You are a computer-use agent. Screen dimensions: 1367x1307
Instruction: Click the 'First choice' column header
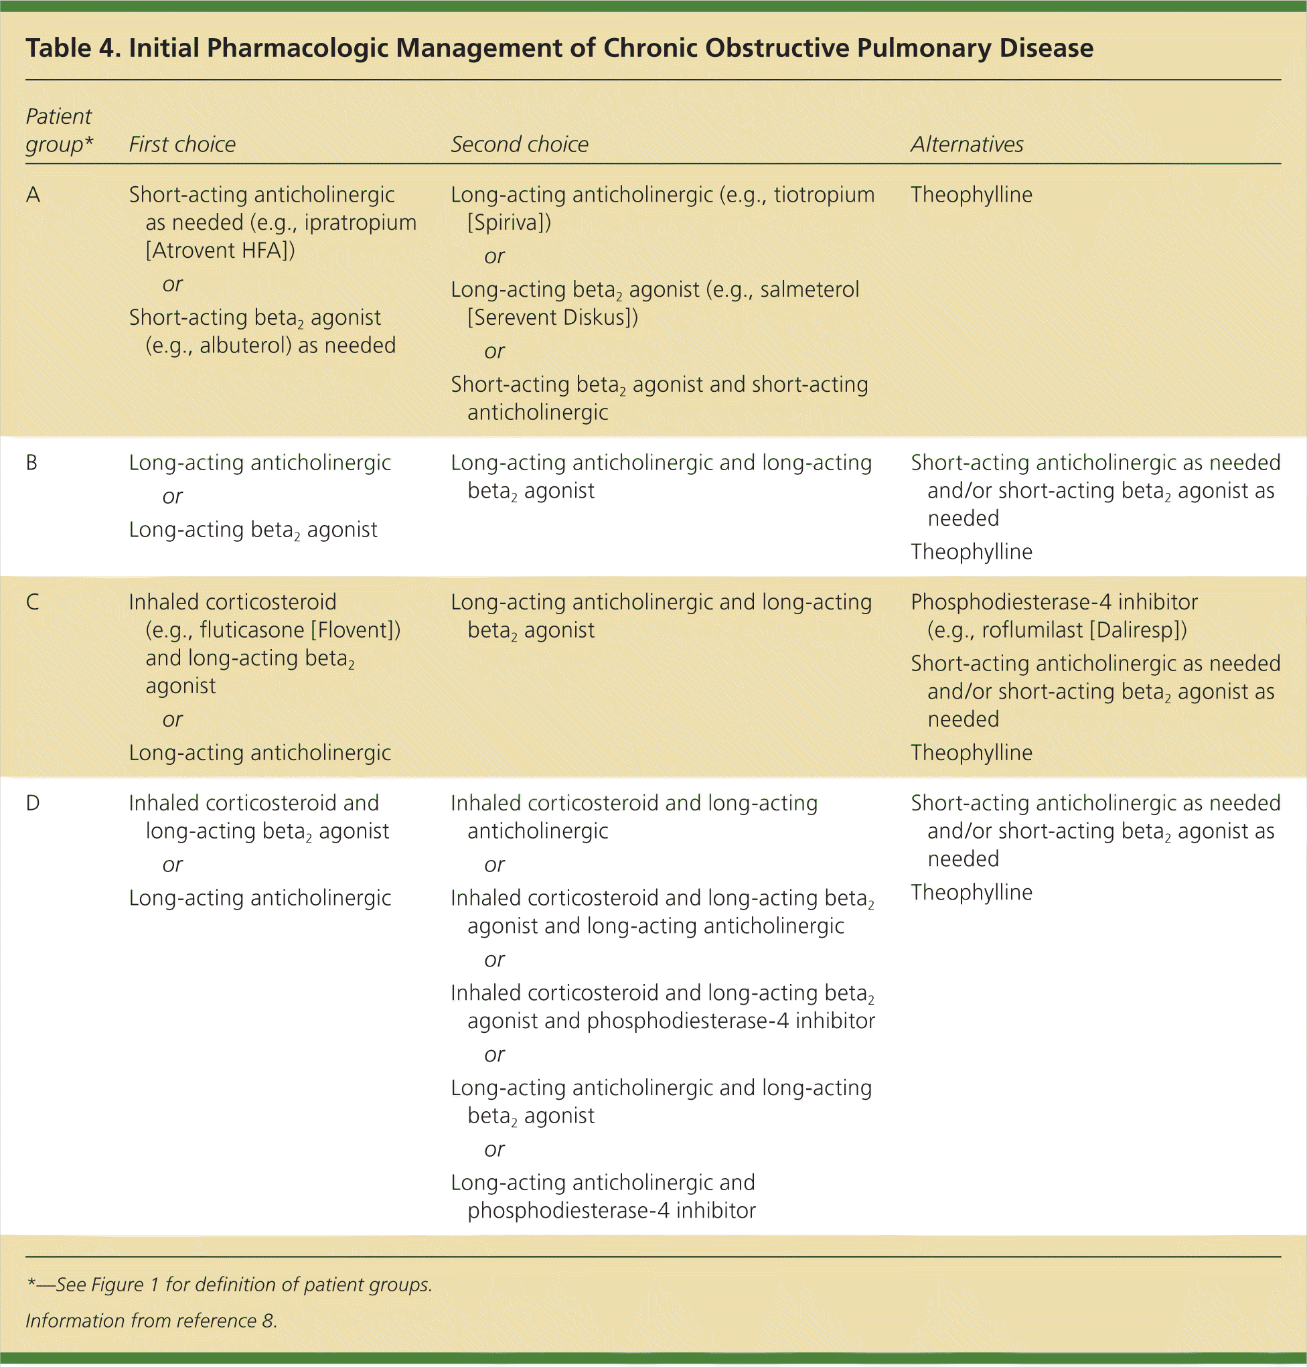tap(182, 144)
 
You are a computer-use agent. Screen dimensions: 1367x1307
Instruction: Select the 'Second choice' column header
tap(519, 144)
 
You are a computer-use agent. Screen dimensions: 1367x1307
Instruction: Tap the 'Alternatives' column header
tap(966, 144)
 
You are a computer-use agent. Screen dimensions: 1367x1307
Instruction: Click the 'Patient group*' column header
tap(59, 131)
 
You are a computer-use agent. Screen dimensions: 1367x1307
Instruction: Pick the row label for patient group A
tap(33, 194)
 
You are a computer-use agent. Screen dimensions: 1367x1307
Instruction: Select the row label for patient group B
tap(32, 463)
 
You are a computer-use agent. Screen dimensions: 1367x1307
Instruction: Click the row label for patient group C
tap(33, 602)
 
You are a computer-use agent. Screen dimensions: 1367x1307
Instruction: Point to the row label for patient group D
tap(33, 802)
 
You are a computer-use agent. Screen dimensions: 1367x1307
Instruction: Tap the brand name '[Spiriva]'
tap(509, 223)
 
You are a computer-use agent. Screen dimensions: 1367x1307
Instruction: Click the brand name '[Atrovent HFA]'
tap(220, 250)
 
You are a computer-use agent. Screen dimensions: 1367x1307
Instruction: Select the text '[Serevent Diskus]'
tap(552, 317)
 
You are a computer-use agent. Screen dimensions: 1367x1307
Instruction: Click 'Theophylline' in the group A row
tap(971, 194)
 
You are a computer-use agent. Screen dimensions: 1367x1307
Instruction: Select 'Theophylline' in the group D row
tap(971, 892)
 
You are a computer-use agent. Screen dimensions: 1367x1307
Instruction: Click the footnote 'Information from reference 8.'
tap(151, 1320)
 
